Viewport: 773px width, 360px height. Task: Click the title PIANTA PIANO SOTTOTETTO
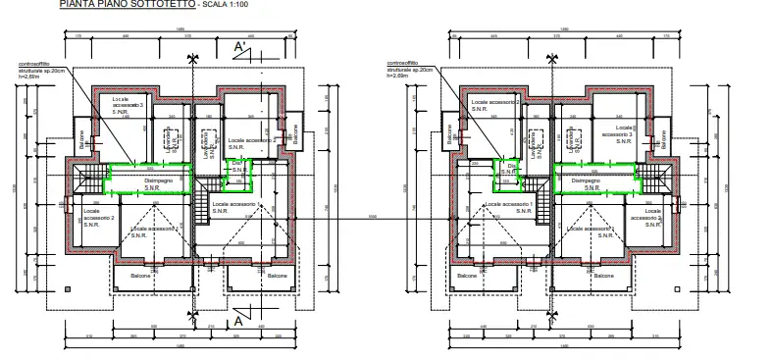click(127, 5)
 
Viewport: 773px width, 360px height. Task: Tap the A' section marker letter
click(238, 46)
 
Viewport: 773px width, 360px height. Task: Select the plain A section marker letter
click(237, 320)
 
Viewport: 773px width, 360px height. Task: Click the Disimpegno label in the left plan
click(158, 183)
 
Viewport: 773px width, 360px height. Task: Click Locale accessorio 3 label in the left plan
click(128, 105)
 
